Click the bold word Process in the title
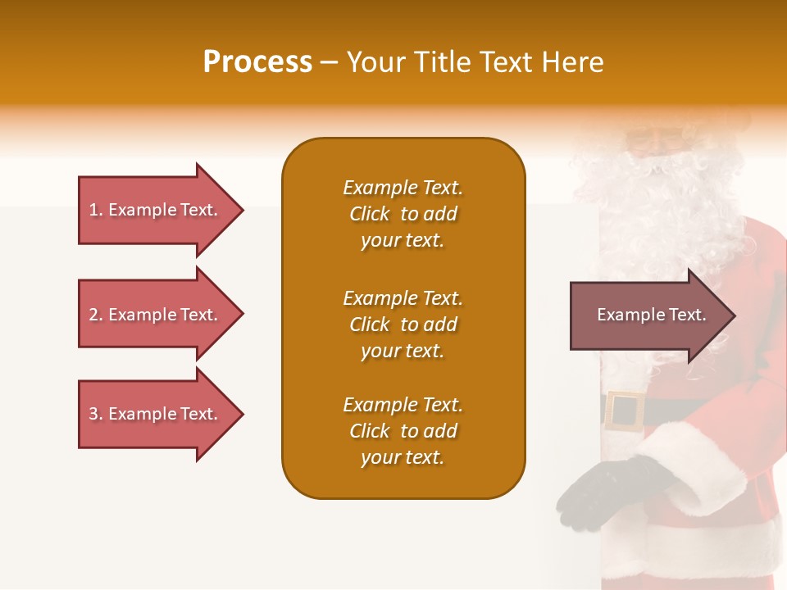pos(257,62)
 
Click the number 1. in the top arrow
pos(96,211)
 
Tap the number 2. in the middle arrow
pos(96,315)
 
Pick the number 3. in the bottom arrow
pos(96,414)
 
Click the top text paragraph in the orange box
pos(403,214)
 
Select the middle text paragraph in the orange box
pos(403,324)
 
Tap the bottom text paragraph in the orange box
pos(403,431)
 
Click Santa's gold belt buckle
pos(625,411)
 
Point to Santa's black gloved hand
pos(603,492)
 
